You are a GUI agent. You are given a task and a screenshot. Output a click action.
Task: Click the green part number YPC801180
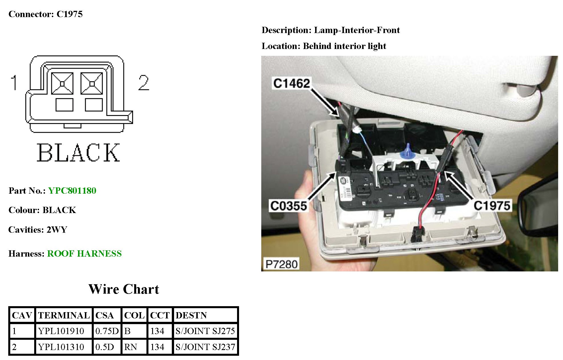[x=72, y=191]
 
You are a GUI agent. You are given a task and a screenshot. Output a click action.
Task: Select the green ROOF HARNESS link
[x=84, y=253]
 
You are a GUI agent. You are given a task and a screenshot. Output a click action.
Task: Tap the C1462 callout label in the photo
[x=291, y=83]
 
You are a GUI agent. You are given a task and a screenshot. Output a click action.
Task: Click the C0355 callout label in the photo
[x=288, y=206]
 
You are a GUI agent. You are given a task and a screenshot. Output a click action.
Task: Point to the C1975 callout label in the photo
[x=492, y=205]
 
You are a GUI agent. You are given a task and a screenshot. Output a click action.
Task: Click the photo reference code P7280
[x=281, y=264]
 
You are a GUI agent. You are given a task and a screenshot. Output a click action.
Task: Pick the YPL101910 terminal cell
[x=61, y=331]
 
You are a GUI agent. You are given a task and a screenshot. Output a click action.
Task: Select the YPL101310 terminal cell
[x=61, y=347]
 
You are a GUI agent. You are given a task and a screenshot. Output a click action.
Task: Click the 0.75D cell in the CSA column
[x=107, y=331]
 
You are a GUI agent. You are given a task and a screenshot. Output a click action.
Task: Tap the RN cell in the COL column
[x=130, y=347]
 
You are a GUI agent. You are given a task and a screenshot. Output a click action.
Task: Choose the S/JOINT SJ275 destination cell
[x=205, y=331]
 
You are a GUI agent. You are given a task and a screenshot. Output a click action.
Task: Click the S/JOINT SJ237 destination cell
[x=205, y=347]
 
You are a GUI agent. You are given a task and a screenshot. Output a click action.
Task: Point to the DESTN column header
[x=191, y=315]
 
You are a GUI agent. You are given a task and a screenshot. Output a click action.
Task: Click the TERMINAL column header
[x=64, y=315]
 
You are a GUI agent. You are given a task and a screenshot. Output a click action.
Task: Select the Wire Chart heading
[x=124, y=289]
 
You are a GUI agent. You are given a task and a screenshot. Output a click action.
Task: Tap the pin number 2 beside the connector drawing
[x=144, y=83]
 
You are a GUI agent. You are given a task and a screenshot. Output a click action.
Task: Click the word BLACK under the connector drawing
[x=78, y=153]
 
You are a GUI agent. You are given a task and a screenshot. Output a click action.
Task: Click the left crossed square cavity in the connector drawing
[x=62, y=83]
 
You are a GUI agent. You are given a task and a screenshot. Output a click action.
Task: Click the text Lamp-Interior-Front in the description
[x=357, y=30]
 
